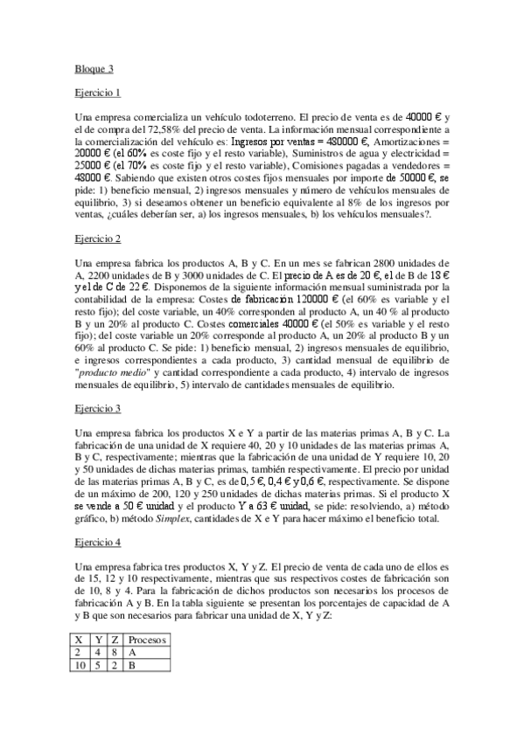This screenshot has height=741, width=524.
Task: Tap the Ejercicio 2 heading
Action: pos(97,238)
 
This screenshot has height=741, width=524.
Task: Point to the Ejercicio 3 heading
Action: pos(97,407)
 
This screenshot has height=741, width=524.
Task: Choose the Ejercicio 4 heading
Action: pos(97,543)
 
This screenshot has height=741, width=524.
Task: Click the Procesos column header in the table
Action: pos(147,640)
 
